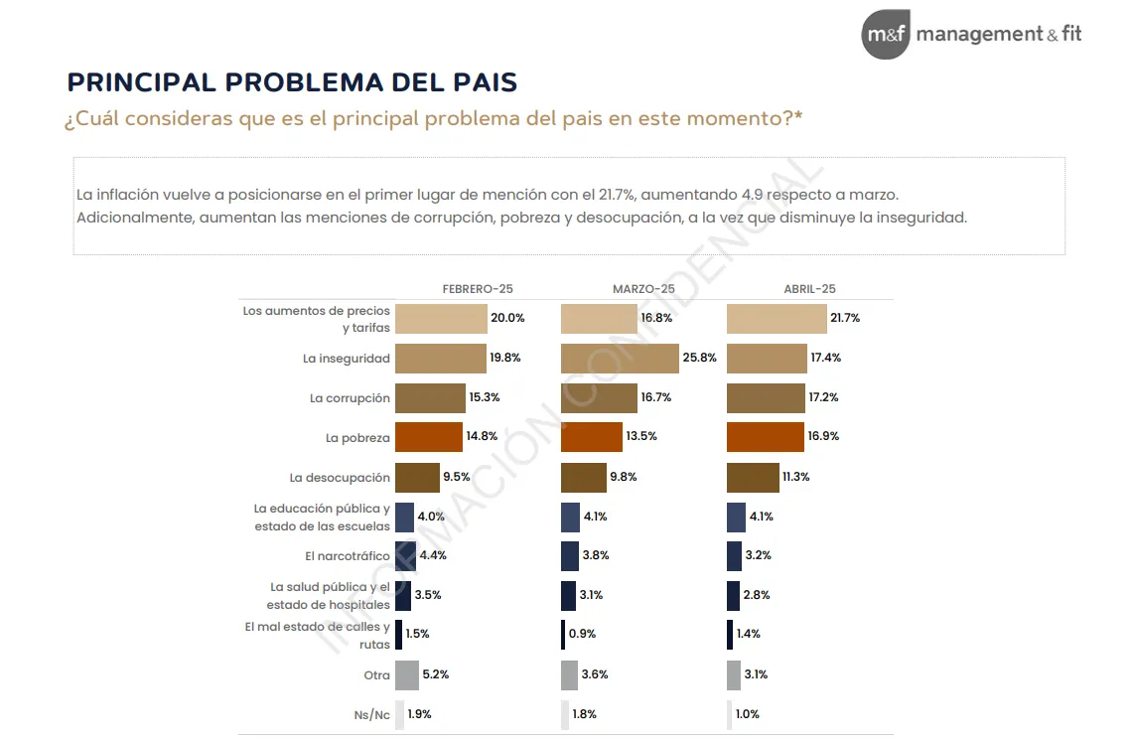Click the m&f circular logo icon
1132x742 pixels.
click(x=886, y=35)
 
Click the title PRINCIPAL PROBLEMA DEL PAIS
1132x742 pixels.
click(x=292, y=82)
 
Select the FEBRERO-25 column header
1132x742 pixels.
click(x=478, y=289)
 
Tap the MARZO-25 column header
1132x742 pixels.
click(x=643, y=289)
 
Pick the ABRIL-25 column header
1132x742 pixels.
click(x=809, y=289)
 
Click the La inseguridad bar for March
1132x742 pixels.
click(x=620, y=359)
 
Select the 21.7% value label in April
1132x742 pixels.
click(x=845, y=319)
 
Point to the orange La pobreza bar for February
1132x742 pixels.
click(x=429, y=437)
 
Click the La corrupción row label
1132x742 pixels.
click(x=350, y=398)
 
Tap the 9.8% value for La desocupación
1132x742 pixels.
click(x=624, y=477)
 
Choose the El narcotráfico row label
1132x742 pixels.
click(x=348, y=556)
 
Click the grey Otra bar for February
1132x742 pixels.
click(x=407, y=675)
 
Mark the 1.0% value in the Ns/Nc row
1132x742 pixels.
click(x=748, y=714)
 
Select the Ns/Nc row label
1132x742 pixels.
click(x=372, y=715)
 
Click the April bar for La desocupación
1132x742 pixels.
click(x=753, y=478)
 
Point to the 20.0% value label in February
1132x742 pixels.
click(x=507, y=319)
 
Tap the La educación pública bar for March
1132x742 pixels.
click(x=570, y=518)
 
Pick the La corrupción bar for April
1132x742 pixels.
click(x=766, y=398)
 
